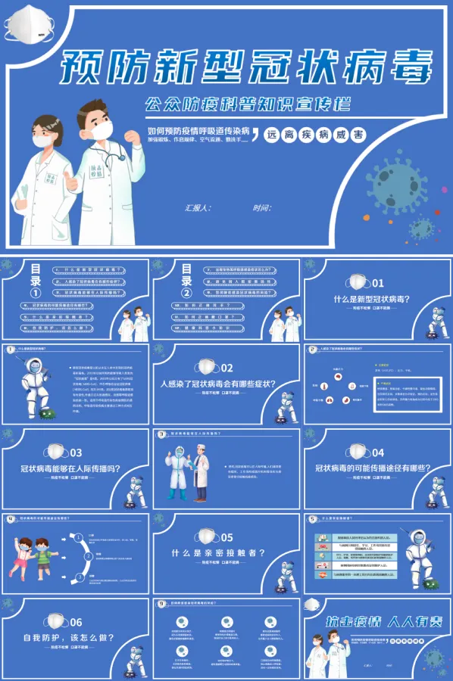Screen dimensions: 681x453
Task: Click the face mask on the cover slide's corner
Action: coord(25,23)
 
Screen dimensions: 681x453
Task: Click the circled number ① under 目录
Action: coord(35,294)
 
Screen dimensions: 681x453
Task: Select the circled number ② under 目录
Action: coord(186,294)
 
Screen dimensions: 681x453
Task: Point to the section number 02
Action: coord(227,368)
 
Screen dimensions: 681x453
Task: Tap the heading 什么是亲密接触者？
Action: coord(218,553)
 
